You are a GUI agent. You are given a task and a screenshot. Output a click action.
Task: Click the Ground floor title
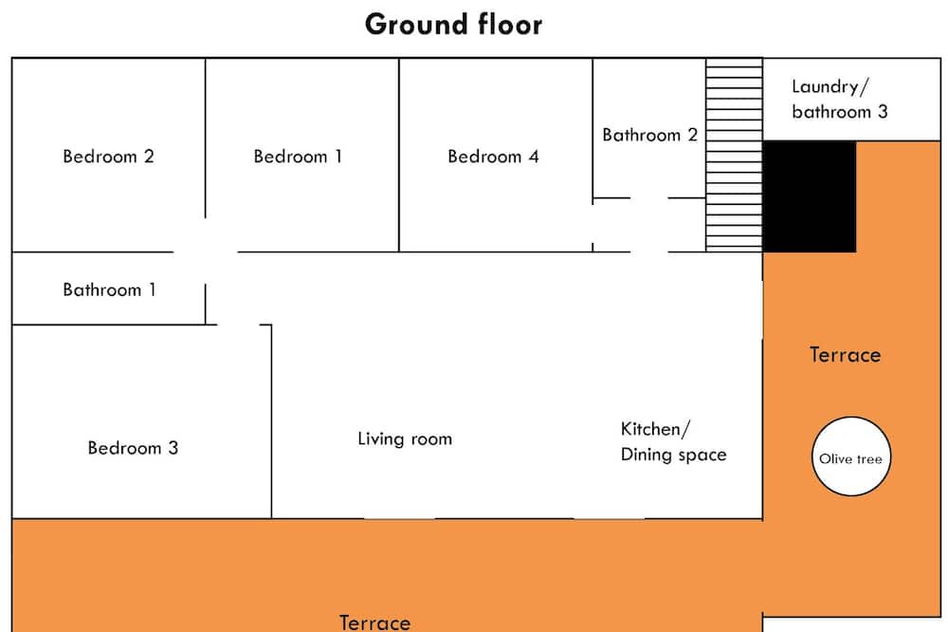point(453,25)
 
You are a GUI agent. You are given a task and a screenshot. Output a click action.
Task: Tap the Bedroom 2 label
point(108,157)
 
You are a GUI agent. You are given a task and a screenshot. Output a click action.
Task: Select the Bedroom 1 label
point(298,157)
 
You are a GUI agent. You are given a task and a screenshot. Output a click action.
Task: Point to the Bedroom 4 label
point(493,157)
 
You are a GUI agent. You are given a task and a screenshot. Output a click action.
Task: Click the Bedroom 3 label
point(133,447)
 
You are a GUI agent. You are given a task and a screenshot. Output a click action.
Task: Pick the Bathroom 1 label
point(109,289)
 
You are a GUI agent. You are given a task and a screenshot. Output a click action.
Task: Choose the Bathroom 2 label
point(650,135)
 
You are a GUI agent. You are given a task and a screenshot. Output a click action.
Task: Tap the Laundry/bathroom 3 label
point(840,99)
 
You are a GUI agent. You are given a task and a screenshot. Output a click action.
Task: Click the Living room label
point(405,438)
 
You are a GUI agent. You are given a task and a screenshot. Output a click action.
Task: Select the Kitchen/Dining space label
point(673,442)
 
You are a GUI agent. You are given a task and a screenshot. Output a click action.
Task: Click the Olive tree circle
point(850,456)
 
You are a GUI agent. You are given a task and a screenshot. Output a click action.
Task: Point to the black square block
point(810,196)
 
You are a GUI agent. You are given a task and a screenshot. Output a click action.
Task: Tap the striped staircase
point(734,155)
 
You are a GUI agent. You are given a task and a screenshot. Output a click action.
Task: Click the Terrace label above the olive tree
point(846,355)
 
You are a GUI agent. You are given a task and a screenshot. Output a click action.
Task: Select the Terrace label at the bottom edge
point(374,623)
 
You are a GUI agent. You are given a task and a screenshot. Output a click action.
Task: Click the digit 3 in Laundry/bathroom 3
point(883,111)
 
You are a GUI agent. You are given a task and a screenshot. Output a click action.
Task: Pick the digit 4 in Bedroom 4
point(533,157)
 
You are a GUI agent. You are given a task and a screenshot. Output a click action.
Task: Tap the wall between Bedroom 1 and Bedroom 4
point(399,155)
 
